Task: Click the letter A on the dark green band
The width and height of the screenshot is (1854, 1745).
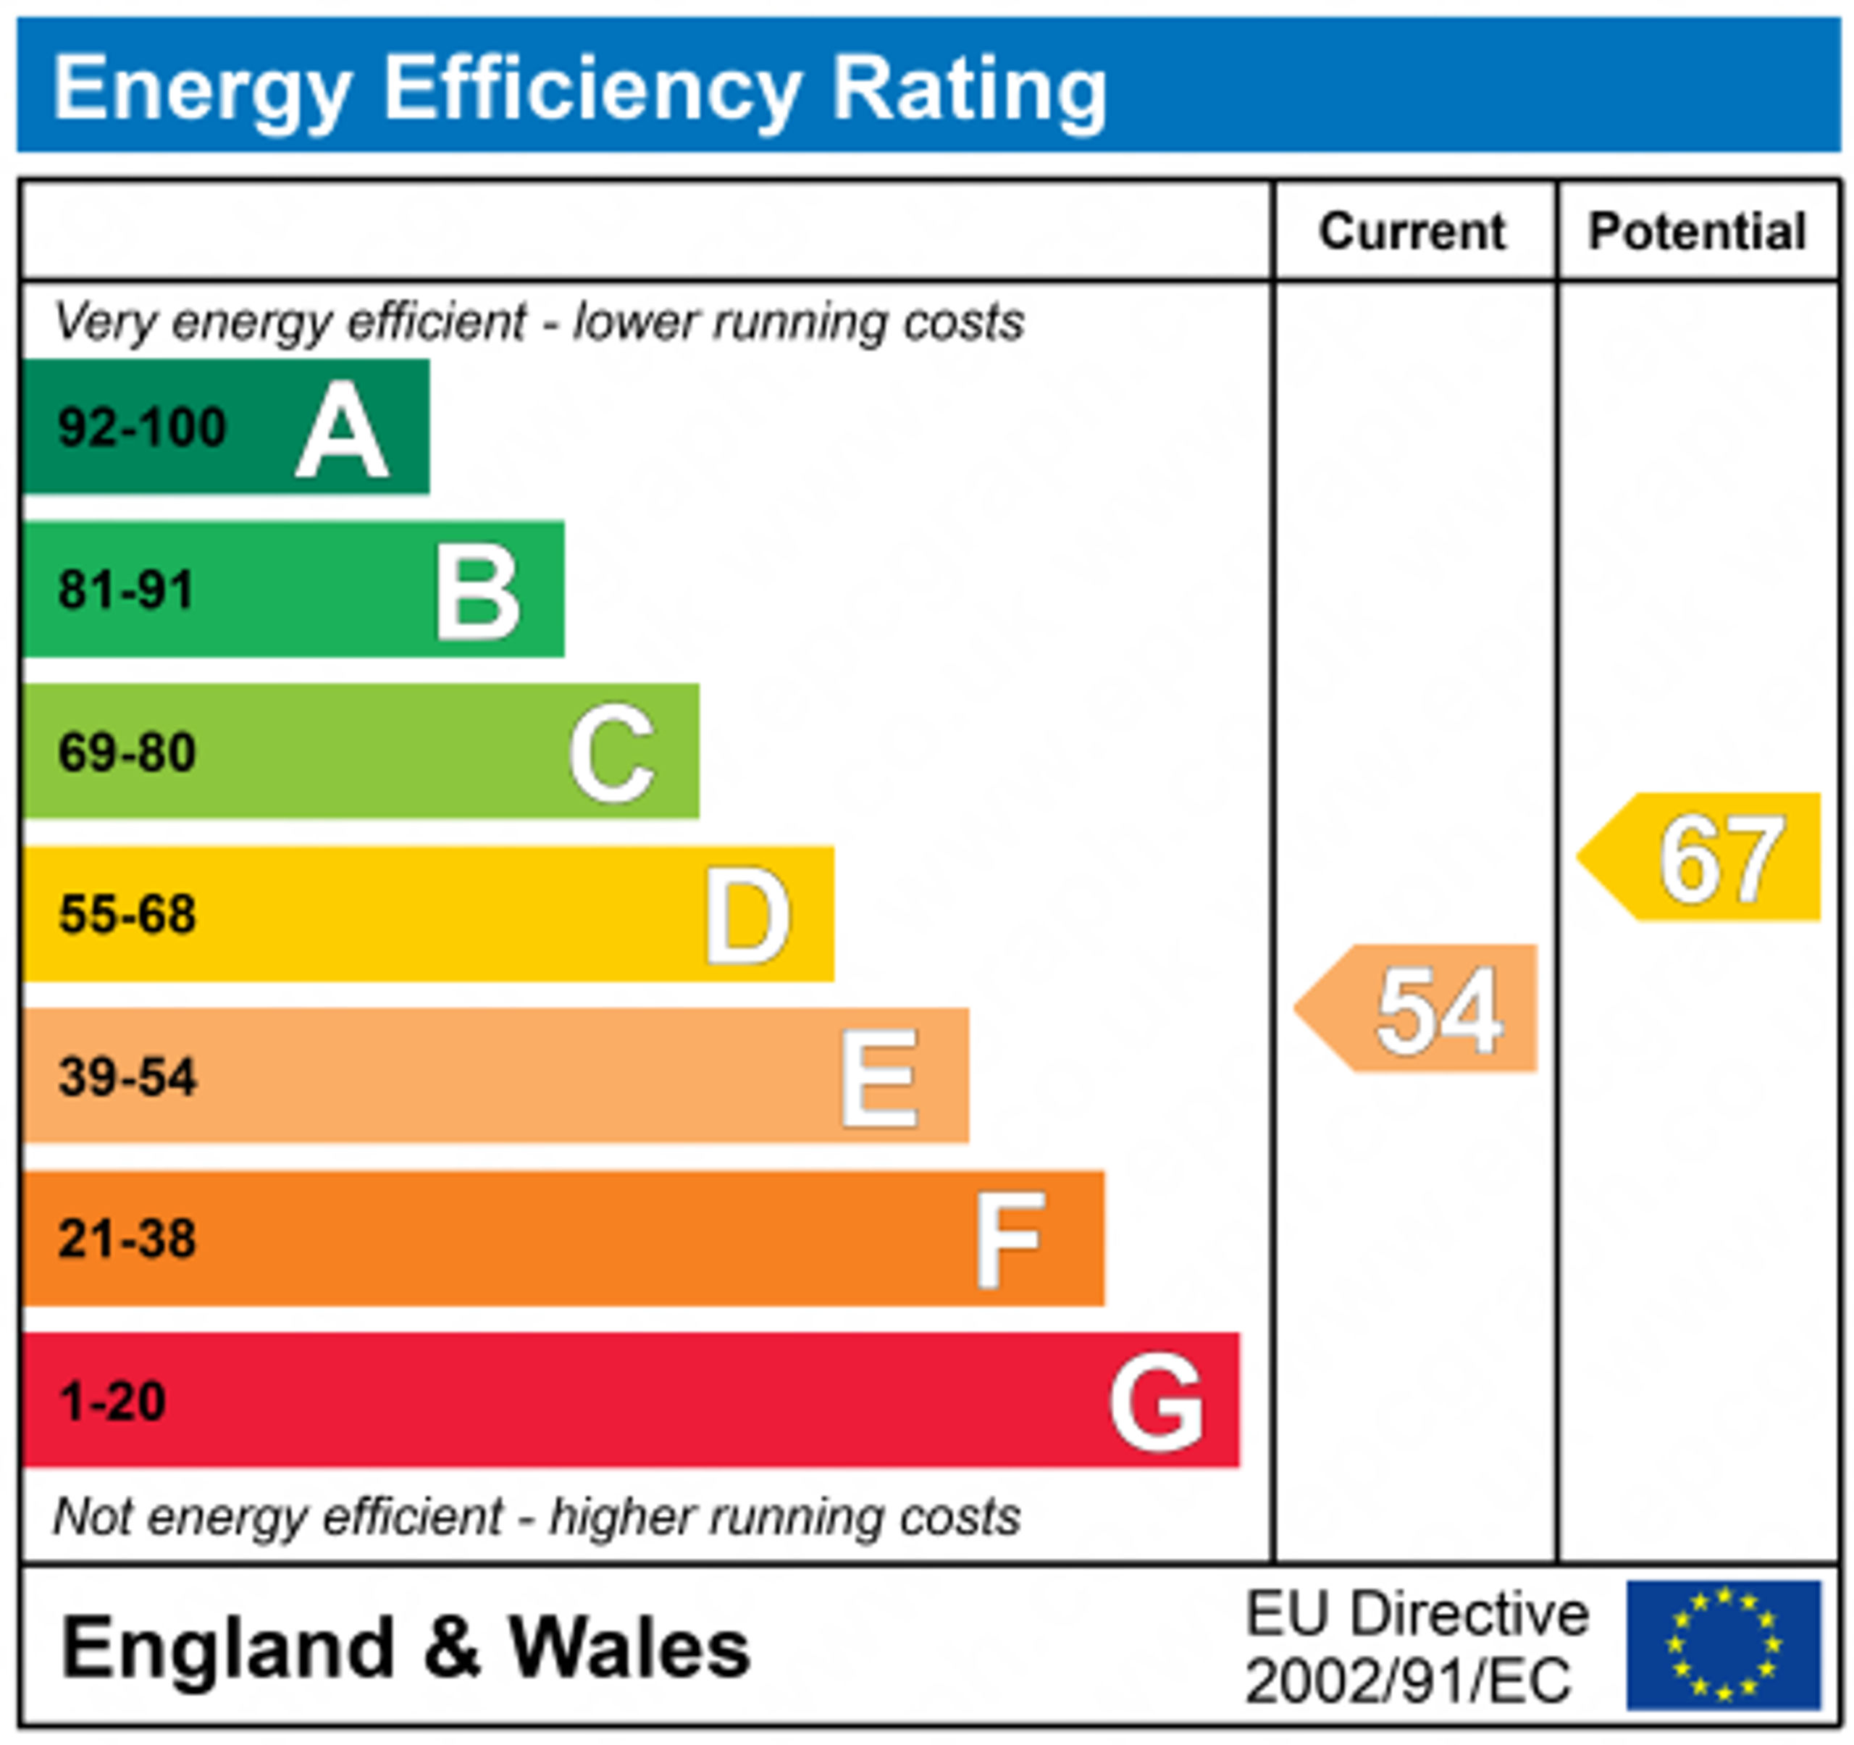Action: coord(341,430)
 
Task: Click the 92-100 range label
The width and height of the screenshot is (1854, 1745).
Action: coord(142,428)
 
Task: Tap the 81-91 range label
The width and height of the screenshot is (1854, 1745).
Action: coord(126,590)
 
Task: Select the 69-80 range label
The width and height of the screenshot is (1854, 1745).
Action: coord(127,753)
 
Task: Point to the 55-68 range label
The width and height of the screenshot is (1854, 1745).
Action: coord(127,914)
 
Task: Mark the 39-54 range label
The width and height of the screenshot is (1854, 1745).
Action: coord(127,1076)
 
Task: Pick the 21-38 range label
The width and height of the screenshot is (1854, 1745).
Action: coord(127,1239)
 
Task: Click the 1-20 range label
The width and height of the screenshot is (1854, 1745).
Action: coord(112,1401)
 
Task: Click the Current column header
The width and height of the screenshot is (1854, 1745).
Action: coord(1412,231)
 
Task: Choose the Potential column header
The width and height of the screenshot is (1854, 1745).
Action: coord(1698,231)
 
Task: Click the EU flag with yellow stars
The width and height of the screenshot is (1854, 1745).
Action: coord(1724,1645)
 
